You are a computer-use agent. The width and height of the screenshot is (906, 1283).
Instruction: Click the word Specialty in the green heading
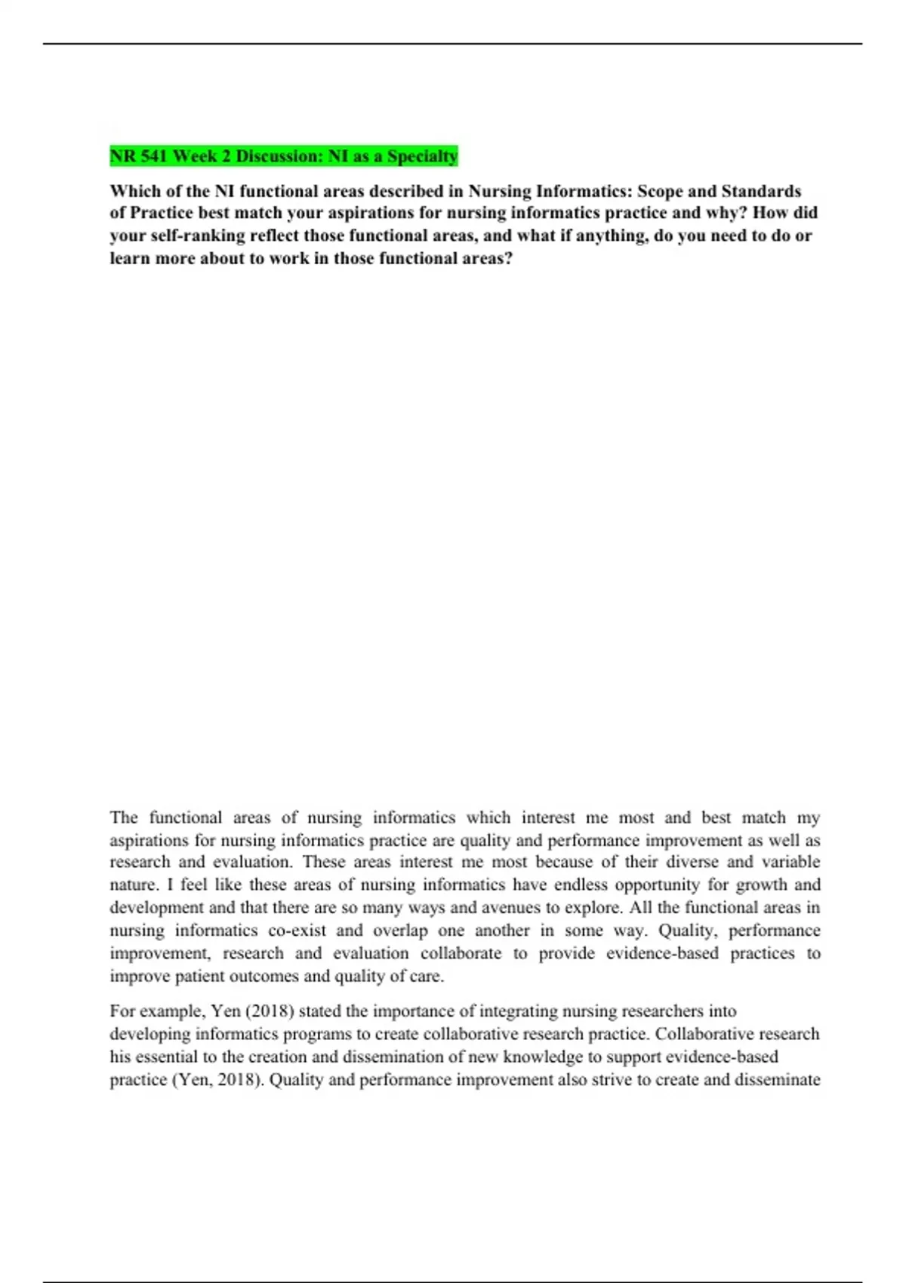coord(422,156)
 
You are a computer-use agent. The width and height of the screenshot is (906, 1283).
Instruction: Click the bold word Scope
coord(664,191)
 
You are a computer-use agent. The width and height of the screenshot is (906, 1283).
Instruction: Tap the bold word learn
coord(130,258)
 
